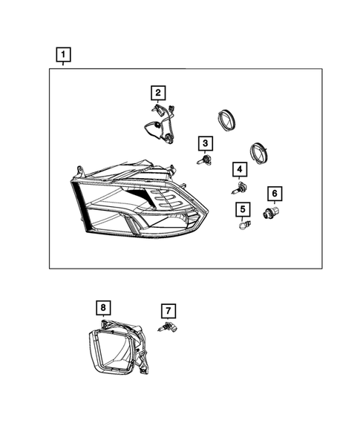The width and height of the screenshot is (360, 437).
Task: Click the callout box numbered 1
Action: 64,54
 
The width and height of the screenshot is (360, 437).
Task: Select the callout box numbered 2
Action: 158,93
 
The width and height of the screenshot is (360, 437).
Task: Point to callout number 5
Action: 241,208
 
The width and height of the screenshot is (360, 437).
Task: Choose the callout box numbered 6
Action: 275,194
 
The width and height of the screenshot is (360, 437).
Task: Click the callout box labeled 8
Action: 103,306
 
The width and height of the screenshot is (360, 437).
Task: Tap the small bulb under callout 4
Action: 241,188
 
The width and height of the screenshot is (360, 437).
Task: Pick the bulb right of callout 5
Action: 242,223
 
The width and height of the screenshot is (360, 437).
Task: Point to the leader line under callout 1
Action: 64,65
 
